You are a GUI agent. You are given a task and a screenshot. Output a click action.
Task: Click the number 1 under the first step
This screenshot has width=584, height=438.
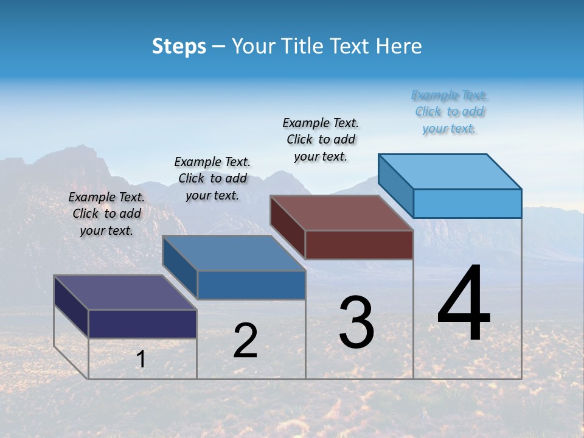pyautogui.click(x=141, y=359)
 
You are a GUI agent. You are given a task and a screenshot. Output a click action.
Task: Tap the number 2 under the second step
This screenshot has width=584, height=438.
pyautogui.click(x=245, y=341)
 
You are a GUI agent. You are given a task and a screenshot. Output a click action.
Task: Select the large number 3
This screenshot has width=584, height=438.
pyautogui.click(x=356, y=322)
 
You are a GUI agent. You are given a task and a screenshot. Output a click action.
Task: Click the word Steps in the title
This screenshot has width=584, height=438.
pyautogui.click(x=179, y=46)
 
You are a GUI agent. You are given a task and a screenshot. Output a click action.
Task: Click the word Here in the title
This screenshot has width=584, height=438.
pyautogui.click(x=399, y=46)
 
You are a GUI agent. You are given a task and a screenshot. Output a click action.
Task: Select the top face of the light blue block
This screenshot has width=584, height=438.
pyautogui.click(x=450, y=171)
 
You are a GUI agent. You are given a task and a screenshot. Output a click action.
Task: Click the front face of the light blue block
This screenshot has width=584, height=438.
pyautogui.click(x=467, y=203)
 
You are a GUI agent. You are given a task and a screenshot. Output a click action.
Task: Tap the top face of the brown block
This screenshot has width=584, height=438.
pyautogui.click(x=342, y=213)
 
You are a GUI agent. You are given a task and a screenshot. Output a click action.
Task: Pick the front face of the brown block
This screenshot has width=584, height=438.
pyautogui.click(x=359, y=245)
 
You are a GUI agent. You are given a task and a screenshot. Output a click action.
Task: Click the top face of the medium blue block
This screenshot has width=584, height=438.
pyautogui.click(x=234, y=253)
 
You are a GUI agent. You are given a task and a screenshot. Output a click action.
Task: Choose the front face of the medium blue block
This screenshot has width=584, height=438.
pyautogui.click(x=251, y=285)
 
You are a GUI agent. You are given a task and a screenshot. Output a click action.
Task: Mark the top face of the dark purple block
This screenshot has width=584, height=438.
pyautogui.click(x=125, y=293)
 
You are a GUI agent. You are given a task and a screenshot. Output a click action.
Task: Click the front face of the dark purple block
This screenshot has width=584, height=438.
pyautogui.click(x=142, y=324)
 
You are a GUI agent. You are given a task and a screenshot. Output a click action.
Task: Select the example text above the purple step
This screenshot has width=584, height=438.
pyautogui.click(x=106, y=214)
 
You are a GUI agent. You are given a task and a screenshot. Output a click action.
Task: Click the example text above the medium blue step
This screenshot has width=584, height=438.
pyautogui.click(x=212, y=178)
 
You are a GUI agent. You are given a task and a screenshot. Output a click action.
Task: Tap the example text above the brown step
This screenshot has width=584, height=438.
pyautogui.click(x=321, y=139)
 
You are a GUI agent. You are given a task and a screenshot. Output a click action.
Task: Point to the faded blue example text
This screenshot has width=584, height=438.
pyautogui.click(x=450, y=112)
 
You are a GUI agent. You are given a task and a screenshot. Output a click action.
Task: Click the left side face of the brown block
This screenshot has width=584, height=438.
pyautogui.click(x=287, y=227)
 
